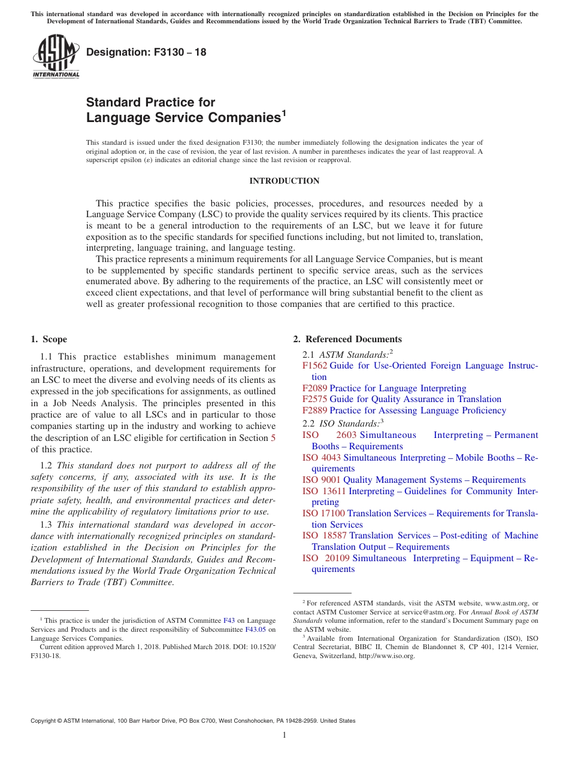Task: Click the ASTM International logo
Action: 55,57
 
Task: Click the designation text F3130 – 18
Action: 146,52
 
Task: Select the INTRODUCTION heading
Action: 284,181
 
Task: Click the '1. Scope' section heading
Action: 49,339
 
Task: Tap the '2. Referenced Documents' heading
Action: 347,339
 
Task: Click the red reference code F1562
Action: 314,366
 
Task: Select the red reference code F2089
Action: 314,388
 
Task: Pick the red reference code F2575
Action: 314,399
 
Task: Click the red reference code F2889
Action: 314,410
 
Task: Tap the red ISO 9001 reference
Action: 321,480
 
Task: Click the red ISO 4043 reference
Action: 321,458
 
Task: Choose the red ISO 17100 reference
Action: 323,513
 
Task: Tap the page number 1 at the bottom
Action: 284,735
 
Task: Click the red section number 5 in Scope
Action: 273,438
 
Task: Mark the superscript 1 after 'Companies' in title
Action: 284,113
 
